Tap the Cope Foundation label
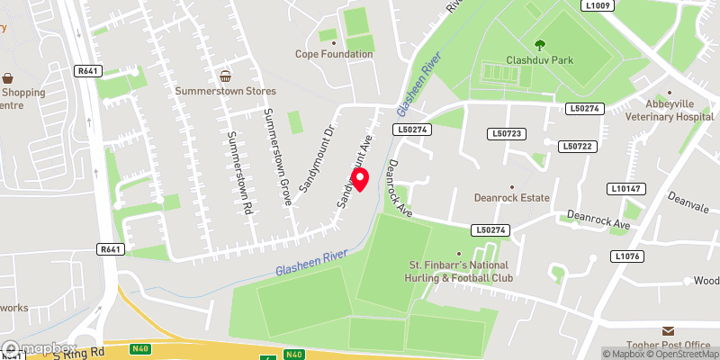[334, 54]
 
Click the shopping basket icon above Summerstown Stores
[226, 76]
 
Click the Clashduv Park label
[540, 59]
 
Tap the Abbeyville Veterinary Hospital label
[666, 110]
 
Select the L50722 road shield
[576, 146]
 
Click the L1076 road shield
[627, 256]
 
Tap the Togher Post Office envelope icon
[668, 332]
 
